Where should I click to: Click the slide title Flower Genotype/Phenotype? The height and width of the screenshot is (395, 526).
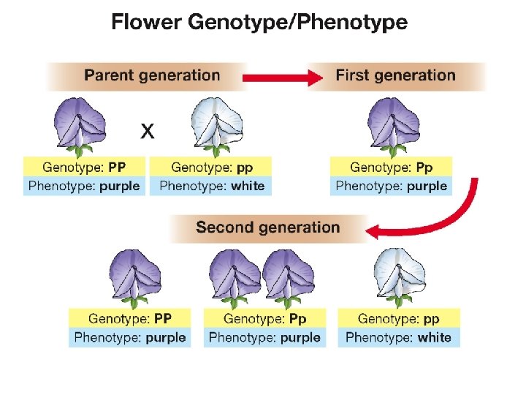click(259, 23)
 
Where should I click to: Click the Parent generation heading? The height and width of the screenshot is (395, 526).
click(152, 75)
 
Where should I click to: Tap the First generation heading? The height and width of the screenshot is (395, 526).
click(395, 75)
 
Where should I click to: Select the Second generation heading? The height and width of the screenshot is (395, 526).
click(267, 227)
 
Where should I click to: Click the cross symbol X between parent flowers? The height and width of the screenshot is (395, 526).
click(148, 132)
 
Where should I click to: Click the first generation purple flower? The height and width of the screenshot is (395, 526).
click(394, 126)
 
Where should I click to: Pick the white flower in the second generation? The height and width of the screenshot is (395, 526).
click(400, 276)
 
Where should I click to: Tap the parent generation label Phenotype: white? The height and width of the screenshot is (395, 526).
click(212, 186)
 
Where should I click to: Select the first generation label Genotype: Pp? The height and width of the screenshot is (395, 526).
click(392, 168)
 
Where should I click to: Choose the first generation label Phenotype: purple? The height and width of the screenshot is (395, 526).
click(392, 186)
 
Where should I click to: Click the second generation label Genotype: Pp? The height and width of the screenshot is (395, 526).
click(264, 319)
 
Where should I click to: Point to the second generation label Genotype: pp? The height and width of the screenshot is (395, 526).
click(399, 319)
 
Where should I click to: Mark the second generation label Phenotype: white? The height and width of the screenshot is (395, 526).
click(399, 337)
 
